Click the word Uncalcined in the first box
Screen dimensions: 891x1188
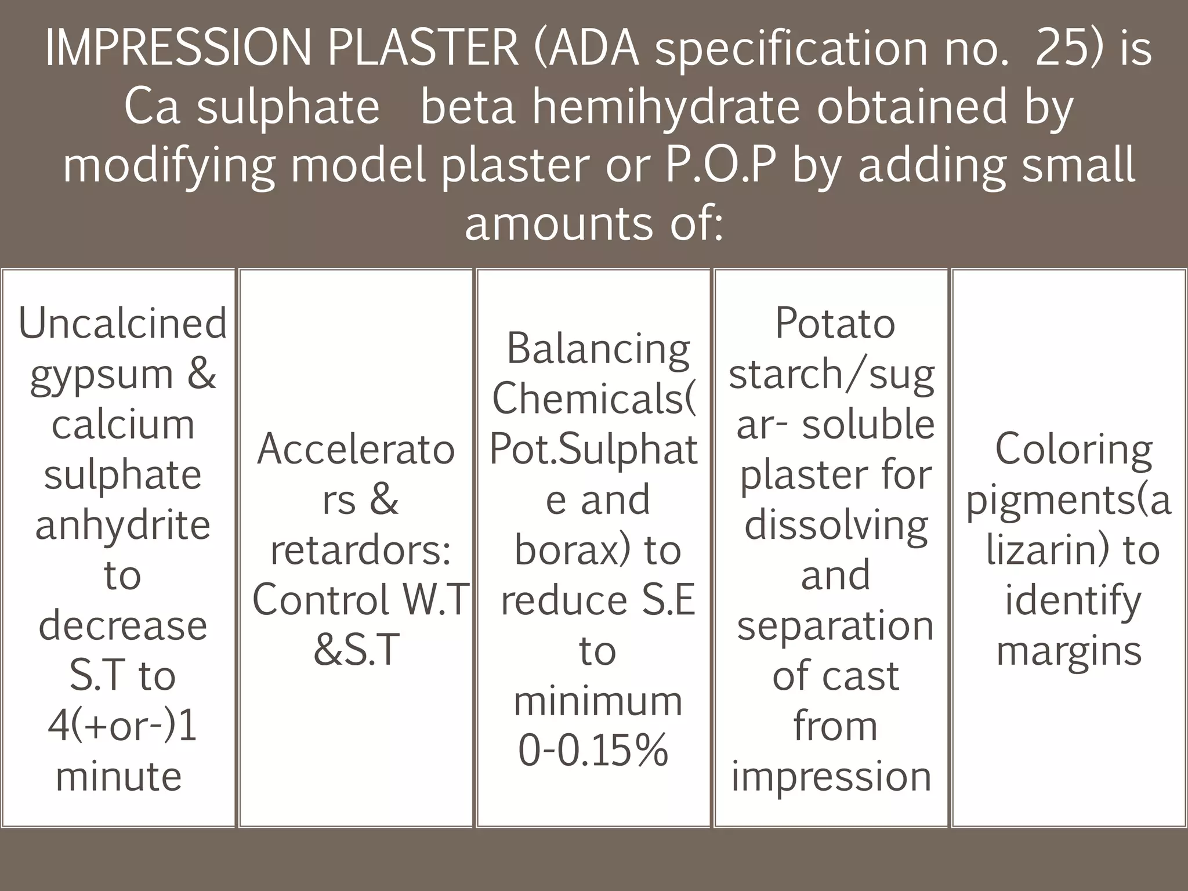point(122,324)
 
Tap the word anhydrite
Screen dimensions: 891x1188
point(122,526)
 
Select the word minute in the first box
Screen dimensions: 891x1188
point(119,777)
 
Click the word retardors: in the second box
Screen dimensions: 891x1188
point(360,550)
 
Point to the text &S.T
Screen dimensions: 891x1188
point(357,650)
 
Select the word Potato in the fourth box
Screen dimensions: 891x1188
point(835,324)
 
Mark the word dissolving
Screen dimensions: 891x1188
point(836,526)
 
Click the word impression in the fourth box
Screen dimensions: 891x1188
point(831,777)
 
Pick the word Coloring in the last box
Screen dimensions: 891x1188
point(1074,450)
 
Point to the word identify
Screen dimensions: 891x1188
point(1073,601)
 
